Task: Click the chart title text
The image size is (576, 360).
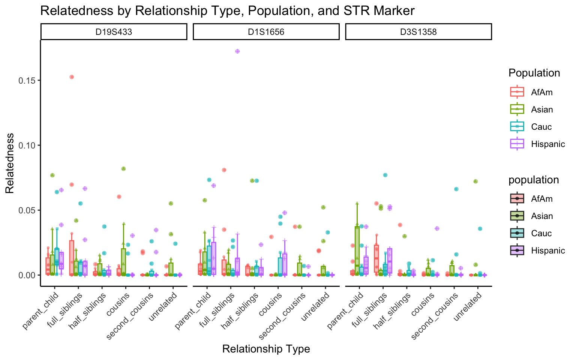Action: click(227, 10)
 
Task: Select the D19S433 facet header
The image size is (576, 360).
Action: click(114, 32)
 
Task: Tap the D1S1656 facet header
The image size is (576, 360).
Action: click(266, 32)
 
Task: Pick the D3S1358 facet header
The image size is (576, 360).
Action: click(418, 32)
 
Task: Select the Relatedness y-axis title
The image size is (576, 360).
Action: click(9, 163)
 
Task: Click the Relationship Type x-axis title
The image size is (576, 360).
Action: click(266, 349)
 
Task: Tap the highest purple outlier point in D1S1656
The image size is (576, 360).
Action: click(237, 51)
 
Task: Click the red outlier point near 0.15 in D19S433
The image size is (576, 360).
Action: click(72, 77)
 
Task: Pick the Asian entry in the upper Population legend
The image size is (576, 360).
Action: click(542, 109)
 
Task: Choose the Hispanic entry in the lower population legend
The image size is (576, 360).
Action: click(548, 250)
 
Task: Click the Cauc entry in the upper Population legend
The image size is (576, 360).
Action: click(541, 127)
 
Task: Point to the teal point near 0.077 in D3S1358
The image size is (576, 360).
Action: click(385, 175)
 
